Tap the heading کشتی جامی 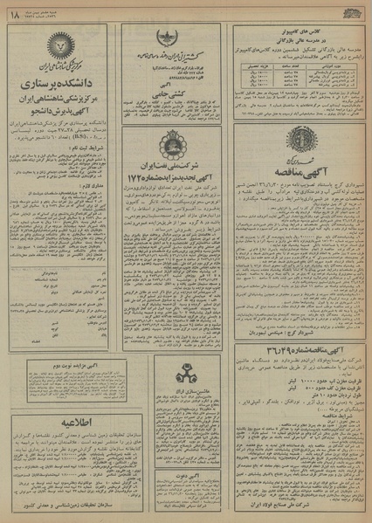[x=172, y=91]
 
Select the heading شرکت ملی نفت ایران [x=172, y=167]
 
